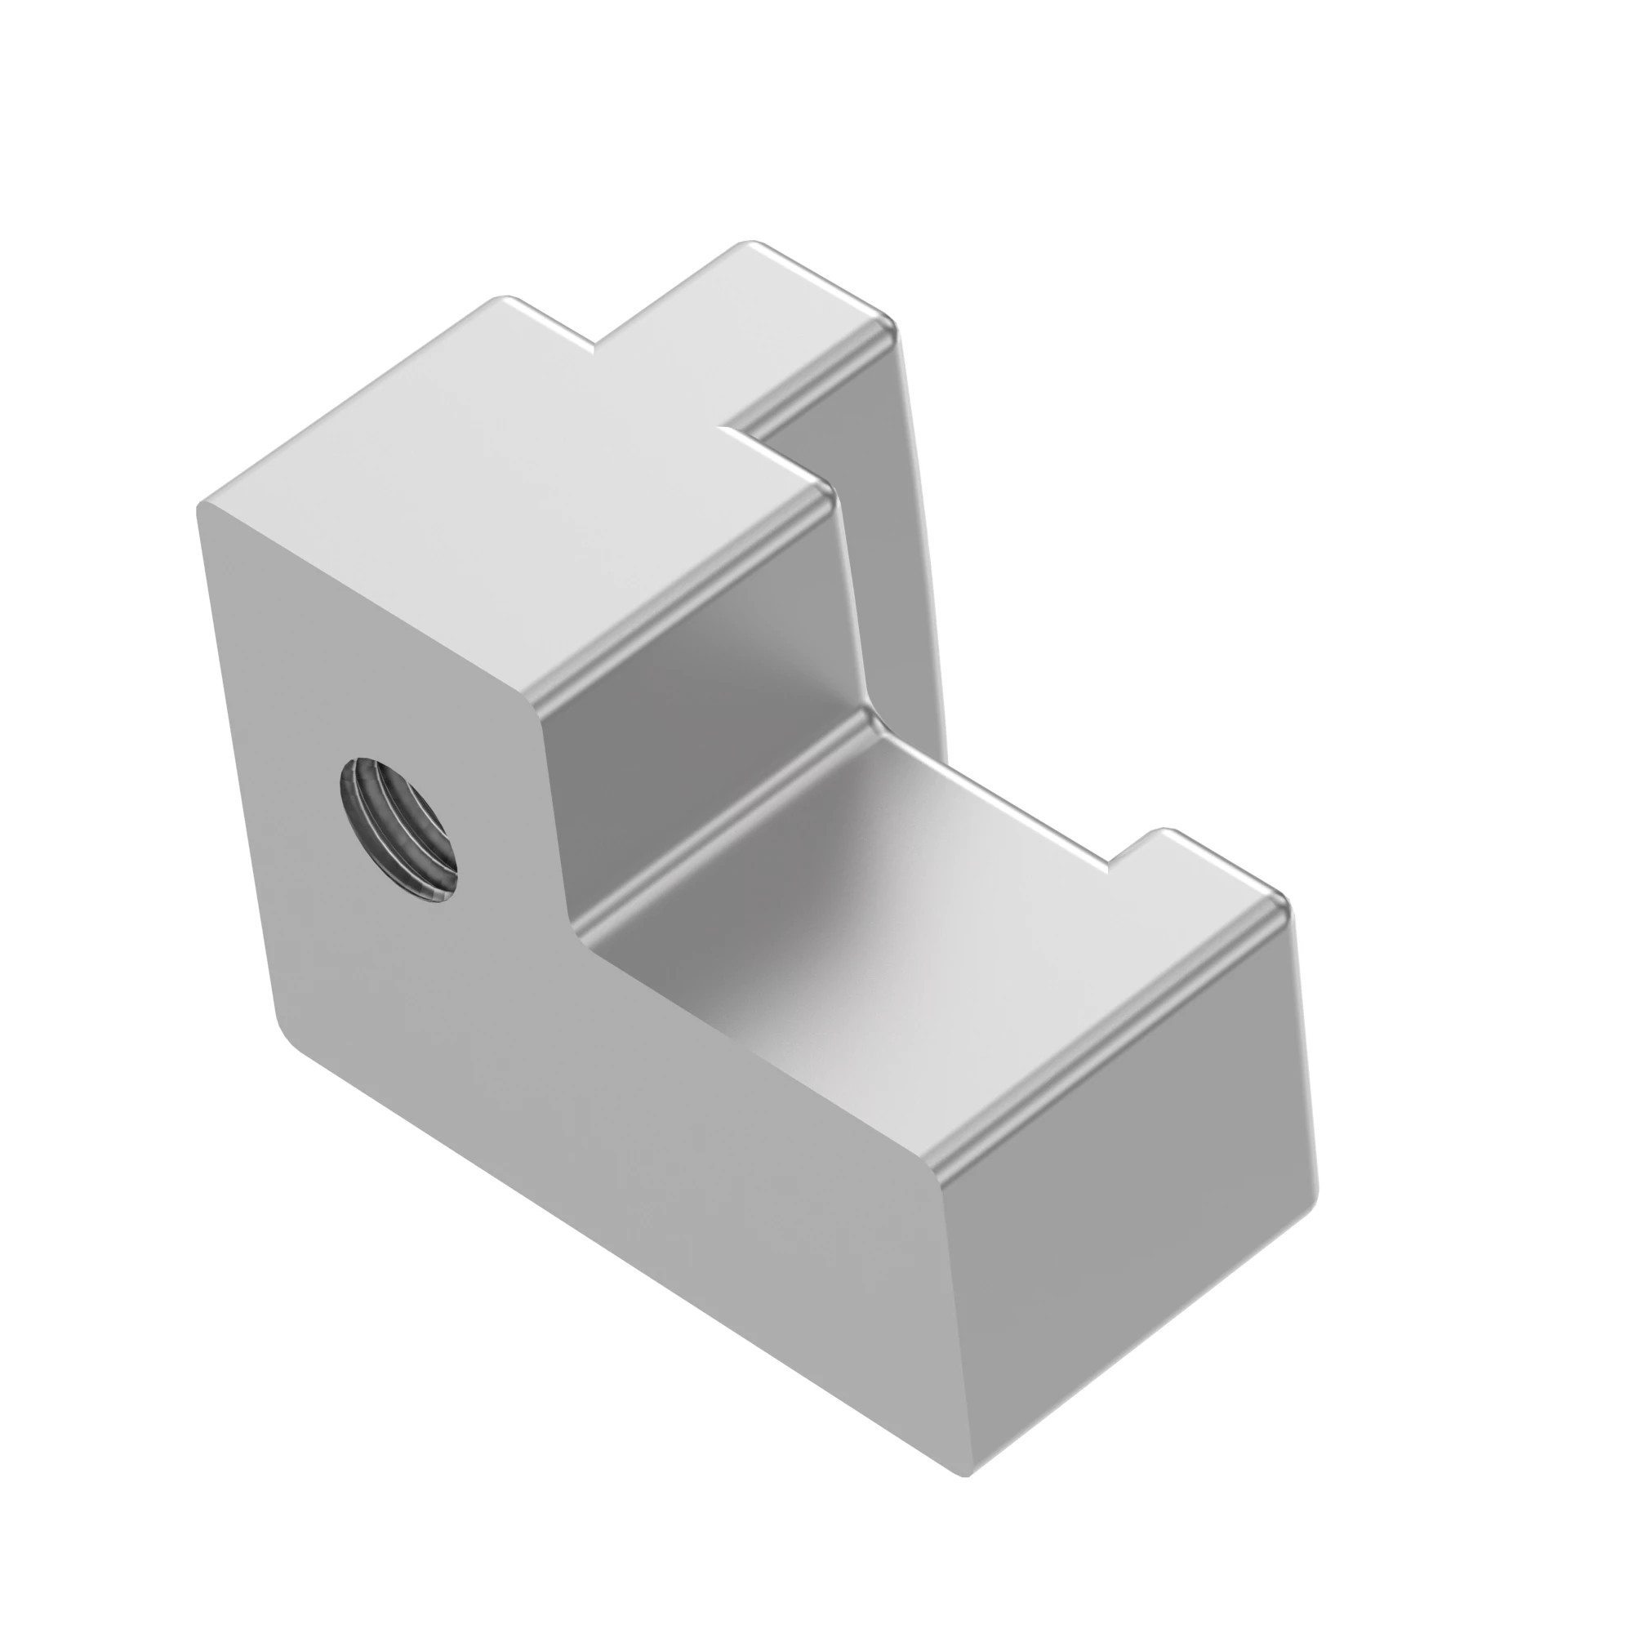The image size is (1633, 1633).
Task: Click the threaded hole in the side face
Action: click(x=398, y=828)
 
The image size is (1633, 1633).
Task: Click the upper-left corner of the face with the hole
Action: click(x=202, y=507)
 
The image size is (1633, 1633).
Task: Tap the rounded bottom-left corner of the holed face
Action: click(x=287, y=1035)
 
